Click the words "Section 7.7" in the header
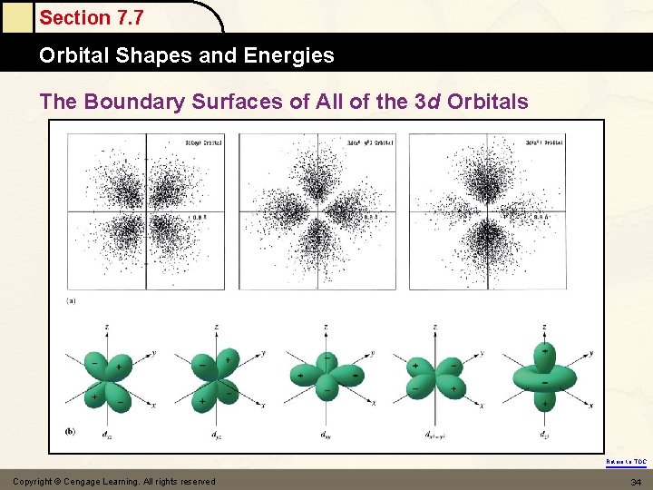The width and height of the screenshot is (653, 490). pyautogui.click(x=91, y=17)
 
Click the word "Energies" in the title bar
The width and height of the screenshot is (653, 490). pyautogui.click(x=293, y=55)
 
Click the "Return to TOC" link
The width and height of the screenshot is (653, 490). pyautogui.click(x=627, y=462)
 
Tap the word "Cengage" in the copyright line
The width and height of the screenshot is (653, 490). pyautogui.click(x=95, y=481)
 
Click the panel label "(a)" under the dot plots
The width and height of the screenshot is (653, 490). pyautogui.click(x=71, y=299)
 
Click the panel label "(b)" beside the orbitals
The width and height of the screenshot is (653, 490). pyautogui.click(x=71, y=432)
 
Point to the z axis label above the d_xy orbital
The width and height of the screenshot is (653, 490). pyautogui.click(x=326, y=327)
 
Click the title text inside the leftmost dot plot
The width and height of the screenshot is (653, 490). pyautogui.click(x=204, y=142)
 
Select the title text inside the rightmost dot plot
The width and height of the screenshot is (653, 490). pyautogui.click(x=545, y=142)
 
